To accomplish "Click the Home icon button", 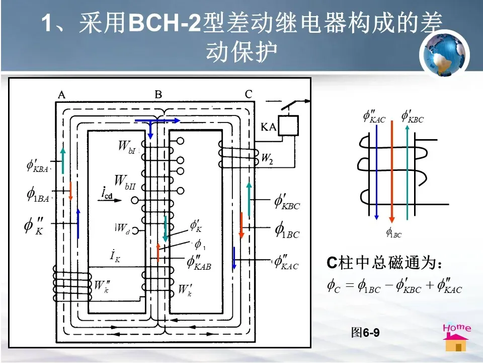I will click(x=456, y=337).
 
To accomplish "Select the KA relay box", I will click(x=288, y=126).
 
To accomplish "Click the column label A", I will click(x=61, y=94).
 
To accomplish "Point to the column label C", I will click(x=249, y=94).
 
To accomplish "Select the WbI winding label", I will click(x=127, y=146).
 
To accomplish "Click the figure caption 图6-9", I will click(x=365, y=333).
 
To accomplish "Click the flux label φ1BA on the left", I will click(x=38, y=195).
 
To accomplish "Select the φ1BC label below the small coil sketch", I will click(x=393, y=232).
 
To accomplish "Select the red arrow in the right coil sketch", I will click(x=392, y=171).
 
